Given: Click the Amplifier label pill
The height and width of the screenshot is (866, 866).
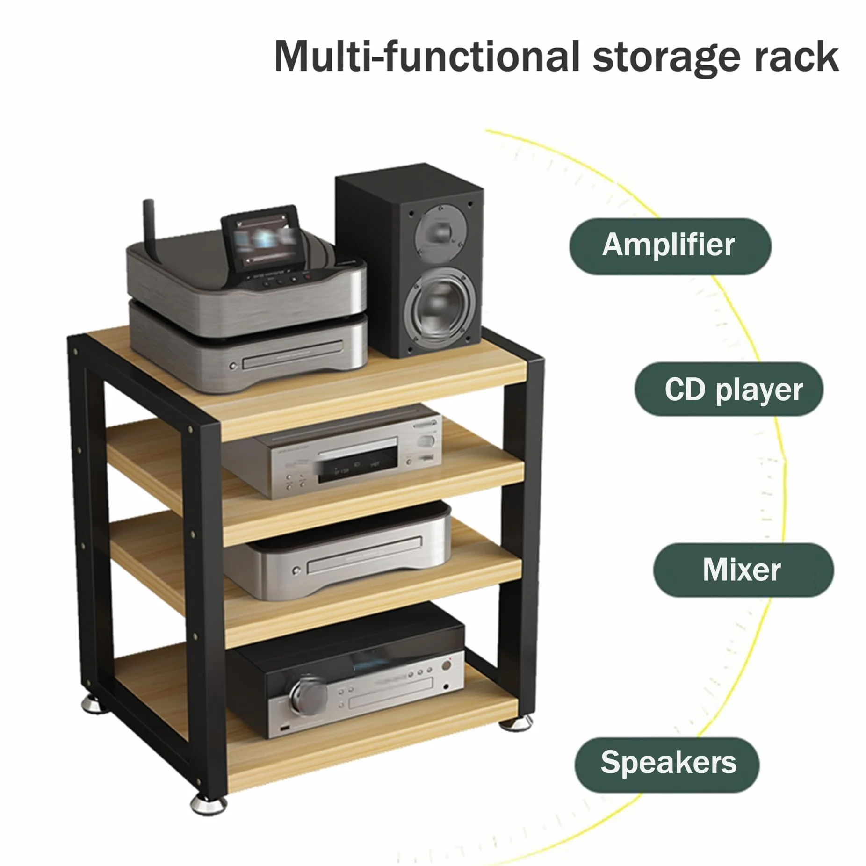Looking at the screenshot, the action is [670, 246].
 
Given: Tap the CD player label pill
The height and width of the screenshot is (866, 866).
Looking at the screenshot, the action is [729, 389].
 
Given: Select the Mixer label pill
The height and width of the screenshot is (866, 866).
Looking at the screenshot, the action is [743, 570].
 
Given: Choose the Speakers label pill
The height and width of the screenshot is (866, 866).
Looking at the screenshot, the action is [667, 762].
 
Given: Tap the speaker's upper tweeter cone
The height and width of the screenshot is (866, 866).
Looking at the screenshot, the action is [434, 228].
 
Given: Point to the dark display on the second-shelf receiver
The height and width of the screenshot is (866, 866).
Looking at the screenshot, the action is [356, 466].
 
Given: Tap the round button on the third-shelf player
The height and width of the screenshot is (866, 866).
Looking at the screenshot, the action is [296, 571].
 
